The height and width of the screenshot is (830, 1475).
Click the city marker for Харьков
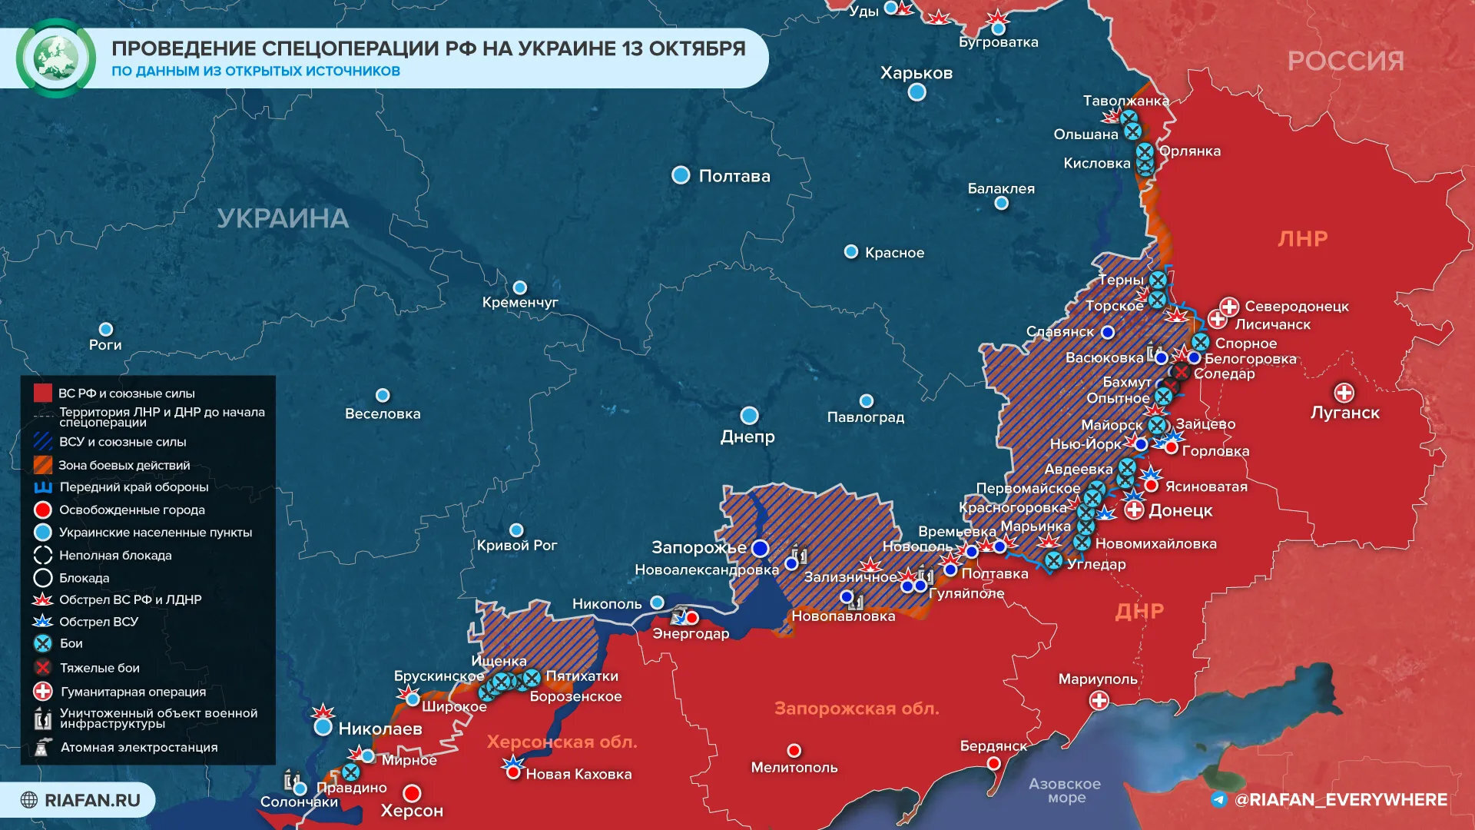(916, 92)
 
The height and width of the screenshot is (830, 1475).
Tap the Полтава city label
(734, 176)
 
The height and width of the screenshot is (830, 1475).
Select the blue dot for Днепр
(749, 416)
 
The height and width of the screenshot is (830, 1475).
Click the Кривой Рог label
(517, 545)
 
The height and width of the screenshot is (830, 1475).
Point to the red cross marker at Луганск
(1344, 393)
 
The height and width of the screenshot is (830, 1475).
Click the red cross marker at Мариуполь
(1099, 700)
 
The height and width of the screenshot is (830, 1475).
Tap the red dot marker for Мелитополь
(794, 750)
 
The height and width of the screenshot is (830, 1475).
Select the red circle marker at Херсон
(413, 792)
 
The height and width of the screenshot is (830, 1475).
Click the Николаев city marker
(323, 726)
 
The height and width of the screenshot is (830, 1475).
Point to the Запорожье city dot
(760, 548)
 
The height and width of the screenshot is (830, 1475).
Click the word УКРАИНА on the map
(283, 218)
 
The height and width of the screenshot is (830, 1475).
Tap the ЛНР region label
(1302, 238)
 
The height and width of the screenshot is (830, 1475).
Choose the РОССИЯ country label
(1345, 61)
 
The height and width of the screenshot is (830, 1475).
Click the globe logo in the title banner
(55, 58)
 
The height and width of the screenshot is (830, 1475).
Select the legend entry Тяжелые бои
(99, 668)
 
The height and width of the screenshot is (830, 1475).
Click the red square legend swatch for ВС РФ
(43, 393)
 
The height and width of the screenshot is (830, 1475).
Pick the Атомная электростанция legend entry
(138, 747)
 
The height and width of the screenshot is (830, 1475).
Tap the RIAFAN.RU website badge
(81, 800)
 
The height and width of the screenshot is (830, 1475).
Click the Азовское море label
(1065, 790)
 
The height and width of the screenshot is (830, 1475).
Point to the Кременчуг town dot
(520, 287)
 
